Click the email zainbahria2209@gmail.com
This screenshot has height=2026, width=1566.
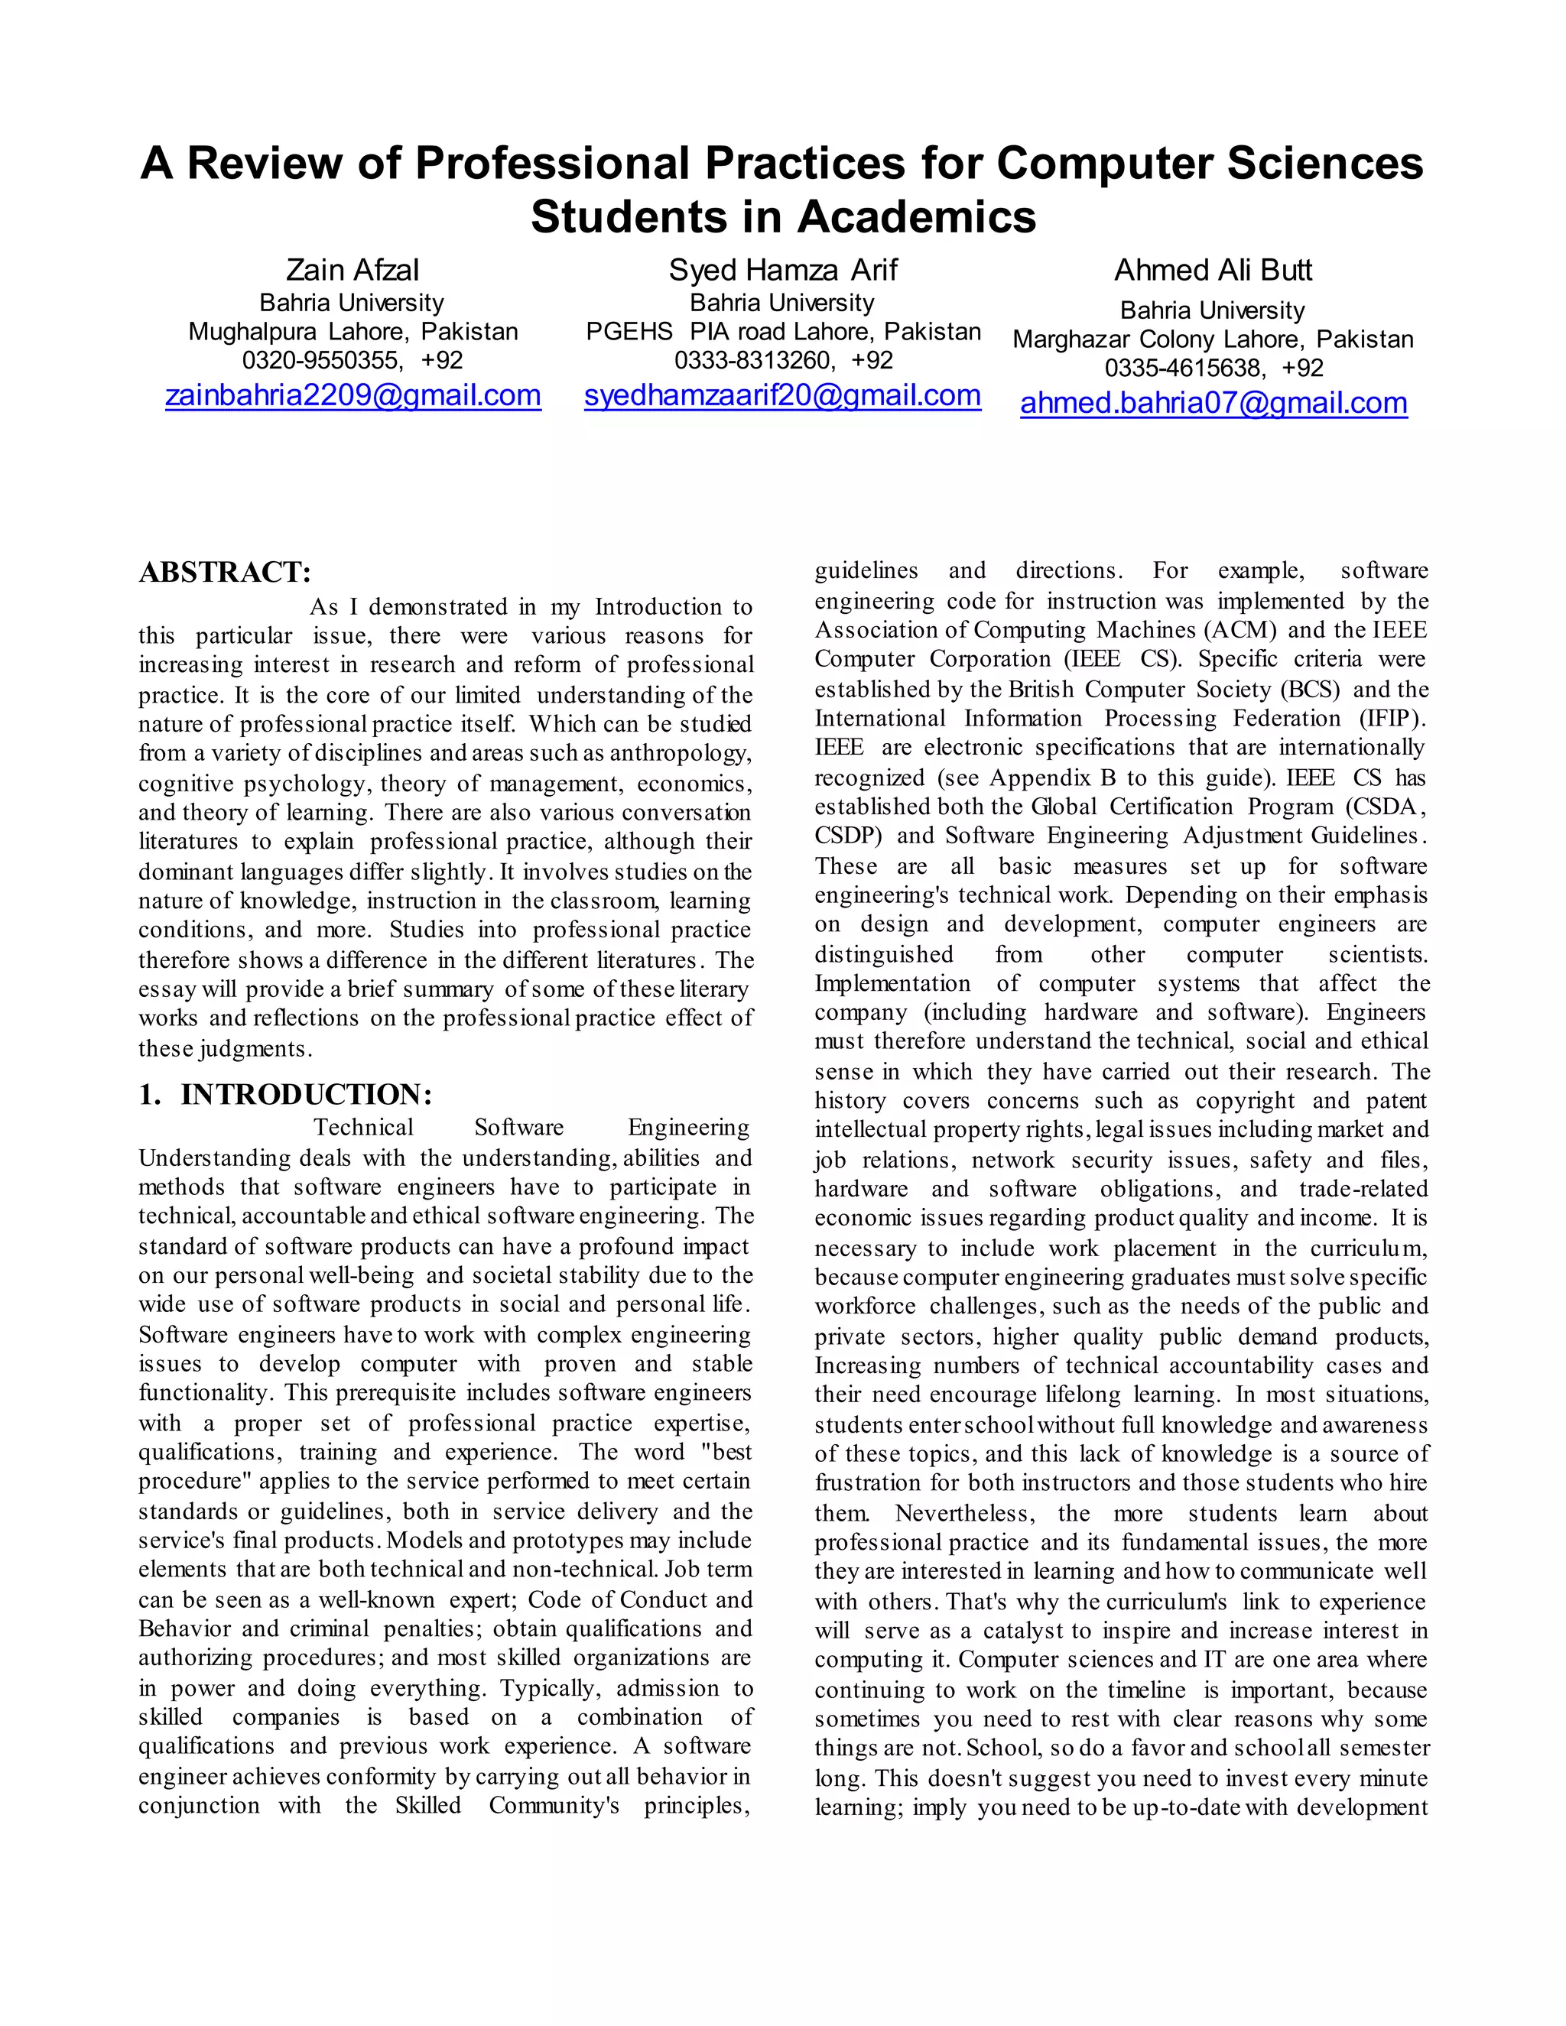click(x=353, y=395)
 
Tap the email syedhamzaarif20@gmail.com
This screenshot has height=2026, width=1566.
click(x=782, y=395)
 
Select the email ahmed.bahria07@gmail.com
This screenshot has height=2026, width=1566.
click(x=1213, y=403)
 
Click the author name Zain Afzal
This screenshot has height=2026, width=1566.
click(x=353, y=270)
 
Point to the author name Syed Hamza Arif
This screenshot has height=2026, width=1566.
click(x=783, y=270)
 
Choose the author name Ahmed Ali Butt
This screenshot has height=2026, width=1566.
click(x=1213, y=270)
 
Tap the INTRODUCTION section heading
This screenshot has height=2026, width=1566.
click(x=306, y=1095)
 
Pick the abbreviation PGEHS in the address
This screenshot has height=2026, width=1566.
click(x=629, y=332)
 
